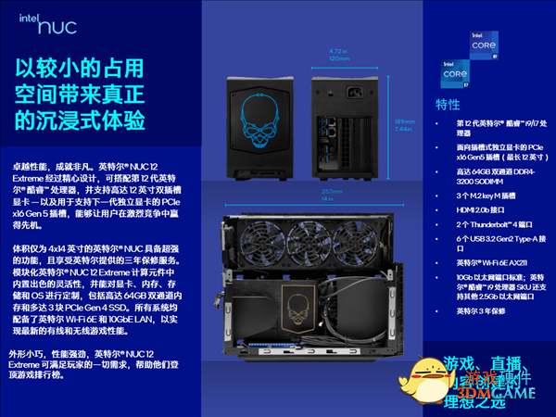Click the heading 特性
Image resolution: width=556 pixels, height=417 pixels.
[x=448, y=104]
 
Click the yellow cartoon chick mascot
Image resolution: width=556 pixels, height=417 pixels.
[x=423, y=379]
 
